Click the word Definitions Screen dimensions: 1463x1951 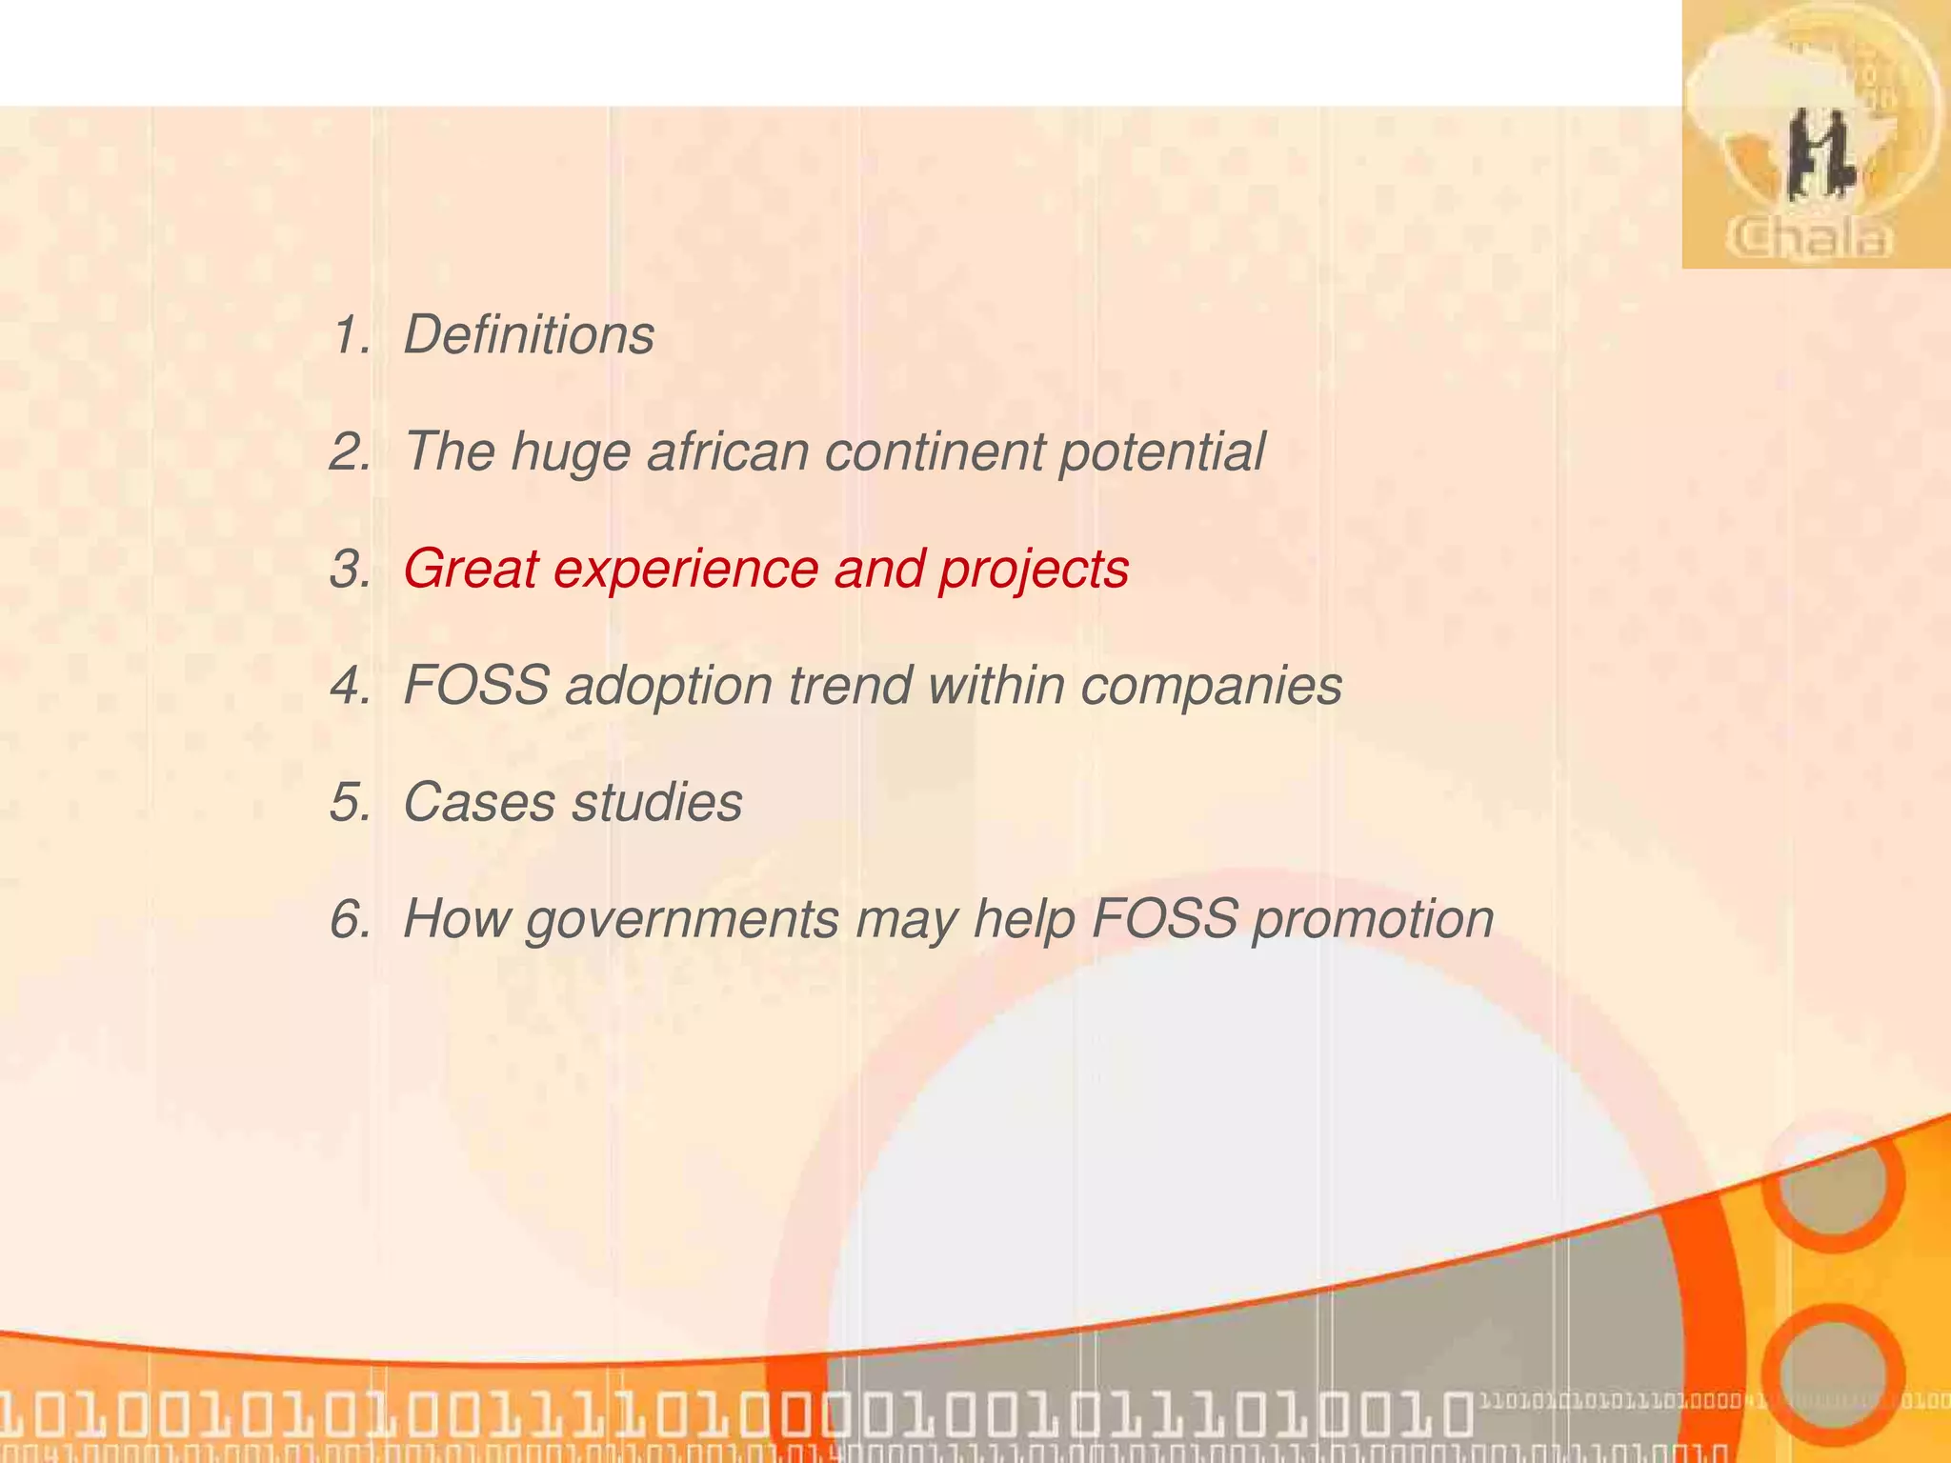point(529,335)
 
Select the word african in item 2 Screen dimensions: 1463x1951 point(728,451)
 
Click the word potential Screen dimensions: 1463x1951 point(1161,453)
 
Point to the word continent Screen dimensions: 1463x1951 point(934,451)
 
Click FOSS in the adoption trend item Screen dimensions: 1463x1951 point(476,685)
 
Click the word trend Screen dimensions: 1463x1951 point(850,685)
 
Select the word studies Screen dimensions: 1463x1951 point(656,802)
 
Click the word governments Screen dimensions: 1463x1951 point(682,921)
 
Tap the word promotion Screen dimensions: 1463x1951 point(1372,921)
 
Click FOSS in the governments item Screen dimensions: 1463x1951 point(1164,919)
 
